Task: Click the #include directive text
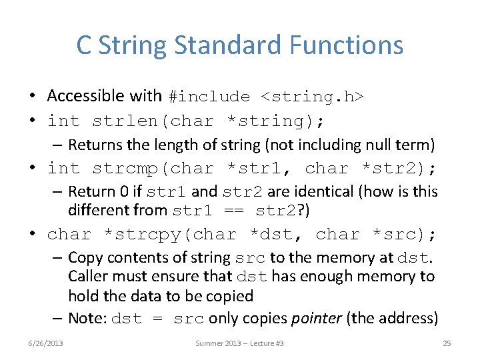point(209,97)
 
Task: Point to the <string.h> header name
point(312,97)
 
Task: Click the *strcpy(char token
point(170,235)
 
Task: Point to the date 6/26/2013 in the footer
point(46,343)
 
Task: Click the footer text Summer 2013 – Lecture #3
point(240,343)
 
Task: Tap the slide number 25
point(447,343)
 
